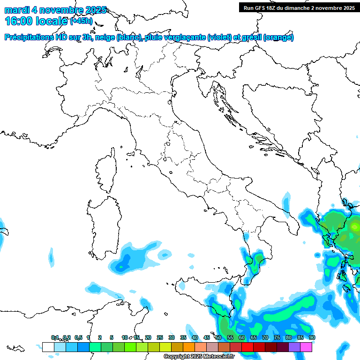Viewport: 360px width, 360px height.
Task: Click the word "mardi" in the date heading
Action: click(x=16, y=10)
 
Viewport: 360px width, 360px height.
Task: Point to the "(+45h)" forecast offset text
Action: click(x=81, y=21)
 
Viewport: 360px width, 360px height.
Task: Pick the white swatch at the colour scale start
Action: click(x=48, y=347)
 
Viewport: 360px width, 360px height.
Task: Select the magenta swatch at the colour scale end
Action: click(x=306, y=347)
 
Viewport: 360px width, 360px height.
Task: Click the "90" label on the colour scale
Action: click(x=312, y=338)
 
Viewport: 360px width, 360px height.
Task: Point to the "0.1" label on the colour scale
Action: click(x=55, y=338)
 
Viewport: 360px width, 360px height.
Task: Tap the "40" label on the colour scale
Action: click(x=195, y=338)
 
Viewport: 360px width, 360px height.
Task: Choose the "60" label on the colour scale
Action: click(x=242, y=338)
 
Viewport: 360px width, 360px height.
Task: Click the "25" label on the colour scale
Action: click(x=160, y=338)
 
